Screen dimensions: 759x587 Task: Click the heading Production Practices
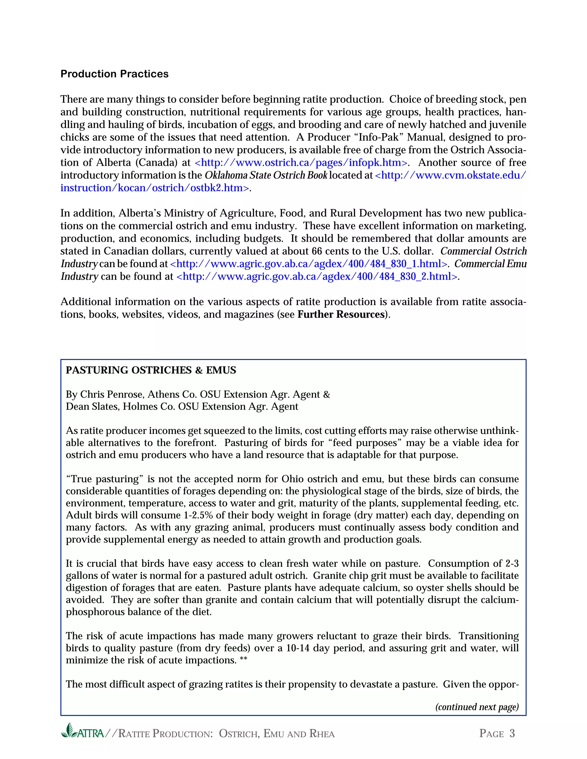pos(114,74)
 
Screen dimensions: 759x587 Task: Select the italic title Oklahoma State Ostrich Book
pos(266,175)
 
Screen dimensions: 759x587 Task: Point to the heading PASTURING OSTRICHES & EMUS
pos(151,370)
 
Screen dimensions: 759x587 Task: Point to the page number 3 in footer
pos(512,733)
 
